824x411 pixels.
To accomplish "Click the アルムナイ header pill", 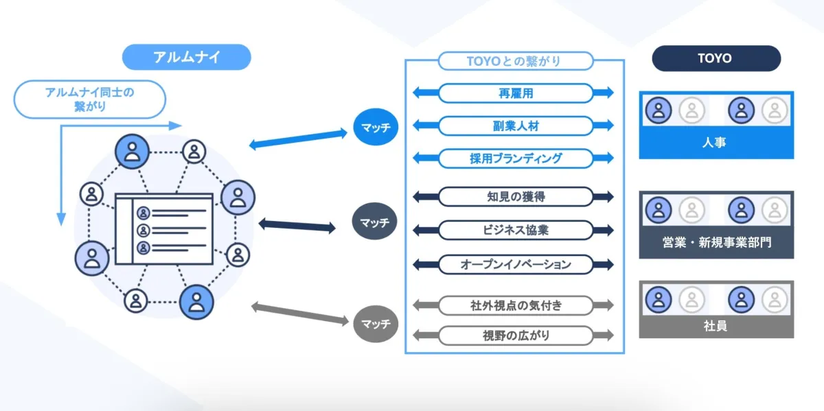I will point(186,58).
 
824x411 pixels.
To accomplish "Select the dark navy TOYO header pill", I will point(716,58).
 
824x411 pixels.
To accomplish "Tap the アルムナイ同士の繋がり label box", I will point(90,99).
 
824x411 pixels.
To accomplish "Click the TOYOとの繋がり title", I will point(514,60).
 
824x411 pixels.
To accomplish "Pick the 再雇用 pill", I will point(514,93).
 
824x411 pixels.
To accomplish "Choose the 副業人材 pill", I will point(514,126).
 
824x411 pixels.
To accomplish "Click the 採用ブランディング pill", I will point(514,158).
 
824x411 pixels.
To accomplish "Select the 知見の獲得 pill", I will point(514,197).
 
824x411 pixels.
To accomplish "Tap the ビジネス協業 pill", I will point(514,230).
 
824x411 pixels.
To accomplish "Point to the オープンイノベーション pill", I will point(514,263).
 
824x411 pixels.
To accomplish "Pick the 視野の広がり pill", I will point(514,336).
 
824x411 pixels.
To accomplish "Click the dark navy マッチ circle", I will point(376,222).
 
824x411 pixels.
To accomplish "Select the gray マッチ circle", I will point(376,322).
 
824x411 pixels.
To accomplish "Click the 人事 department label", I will point(716,143).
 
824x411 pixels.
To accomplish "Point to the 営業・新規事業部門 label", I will point(716,242).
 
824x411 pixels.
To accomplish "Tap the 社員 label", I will point(716,326).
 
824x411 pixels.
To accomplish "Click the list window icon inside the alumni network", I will point(163,229).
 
